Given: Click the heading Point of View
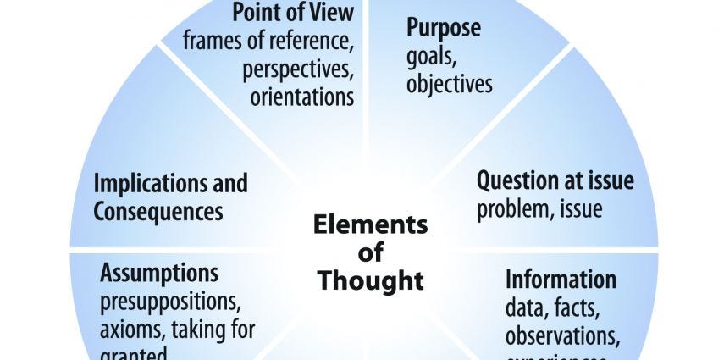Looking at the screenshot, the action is pyautogui.click(x=293, y=14).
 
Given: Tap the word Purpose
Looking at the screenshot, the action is pyautogui.click(x=444, y=27).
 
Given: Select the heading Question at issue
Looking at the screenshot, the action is pyautogui.click(x=555, y=180).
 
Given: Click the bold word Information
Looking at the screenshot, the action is pyautogui.click(x=561, y=279).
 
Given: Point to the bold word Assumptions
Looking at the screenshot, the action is pyautogui.click(x=159, y=273).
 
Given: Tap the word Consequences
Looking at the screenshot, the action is pyautogui.click(x=158, y=211).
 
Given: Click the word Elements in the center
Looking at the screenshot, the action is pyautogui.click(x=371, y=225).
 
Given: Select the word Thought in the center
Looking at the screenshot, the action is pyautogui.click(x=371, y=280).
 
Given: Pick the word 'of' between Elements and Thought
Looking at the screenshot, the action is pyautogui.click(x=371, y=252).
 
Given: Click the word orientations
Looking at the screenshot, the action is pyautogui.click(x=302, y=97).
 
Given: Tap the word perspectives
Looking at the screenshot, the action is pyautogui.click(x=298, y=69).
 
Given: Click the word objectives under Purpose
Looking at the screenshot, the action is pyautogui.click(x=449, y=85).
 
